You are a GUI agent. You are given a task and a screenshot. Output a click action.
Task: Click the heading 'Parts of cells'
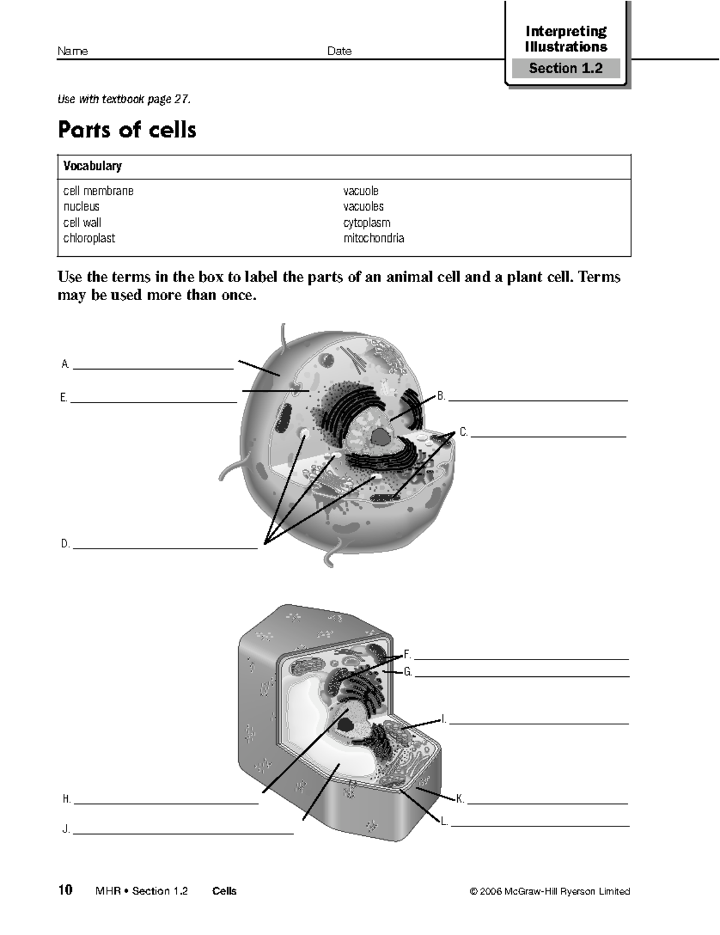pos(127,130)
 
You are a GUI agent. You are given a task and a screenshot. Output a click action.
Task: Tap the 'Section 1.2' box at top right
pos(565,68)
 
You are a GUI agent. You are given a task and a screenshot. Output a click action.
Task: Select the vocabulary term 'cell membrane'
pos(98,191)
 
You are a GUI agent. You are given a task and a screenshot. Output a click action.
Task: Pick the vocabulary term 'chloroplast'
pos(89,238)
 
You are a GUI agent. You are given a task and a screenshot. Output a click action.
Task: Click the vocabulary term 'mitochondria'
pos(373,238)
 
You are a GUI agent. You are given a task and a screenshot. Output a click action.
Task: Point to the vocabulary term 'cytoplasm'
pos(367,223)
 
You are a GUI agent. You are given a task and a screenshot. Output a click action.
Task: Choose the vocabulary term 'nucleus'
pos(82,207)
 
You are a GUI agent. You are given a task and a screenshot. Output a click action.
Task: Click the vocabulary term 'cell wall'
pos(82,223)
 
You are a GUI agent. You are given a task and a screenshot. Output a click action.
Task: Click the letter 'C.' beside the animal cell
pos(463,432)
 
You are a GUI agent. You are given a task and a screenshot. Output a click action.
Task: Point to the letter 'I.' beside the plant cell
pos(443,719)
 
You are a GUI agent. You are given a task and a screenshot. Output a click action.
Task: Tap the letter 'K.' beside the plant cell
pos(460,799)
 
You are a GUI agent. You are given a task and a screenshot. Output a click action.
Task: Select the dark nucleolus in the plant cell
pos(345,724)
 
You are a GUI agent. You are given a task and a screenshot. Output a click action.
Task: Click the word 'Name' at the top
pos(73,52)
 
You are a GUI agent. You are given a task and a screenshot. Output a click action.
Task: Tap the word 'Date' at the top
pos(339,52)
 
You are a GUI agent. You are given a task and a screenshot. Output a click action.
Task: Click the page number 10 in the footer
pos(65,890)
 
